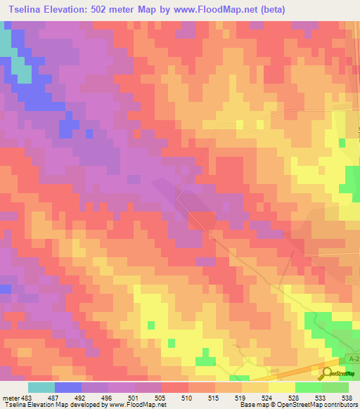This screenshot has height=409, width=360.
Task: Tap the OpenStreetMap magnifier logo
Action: [x=328, y=374]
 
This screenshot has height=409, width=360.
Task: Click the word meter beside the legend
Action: [x=9, y=398]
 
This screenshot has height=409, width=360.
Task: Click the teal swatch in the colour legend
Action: [x=41, y=387]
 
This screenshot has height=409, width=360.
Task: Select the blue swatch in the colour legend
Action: [x=68, y=387]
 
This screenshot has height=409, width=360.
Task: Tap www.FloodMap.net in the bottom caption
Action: [x=138, y=405]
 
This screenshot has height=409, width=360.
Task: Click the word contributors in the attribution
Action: [x=334, y=405]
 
